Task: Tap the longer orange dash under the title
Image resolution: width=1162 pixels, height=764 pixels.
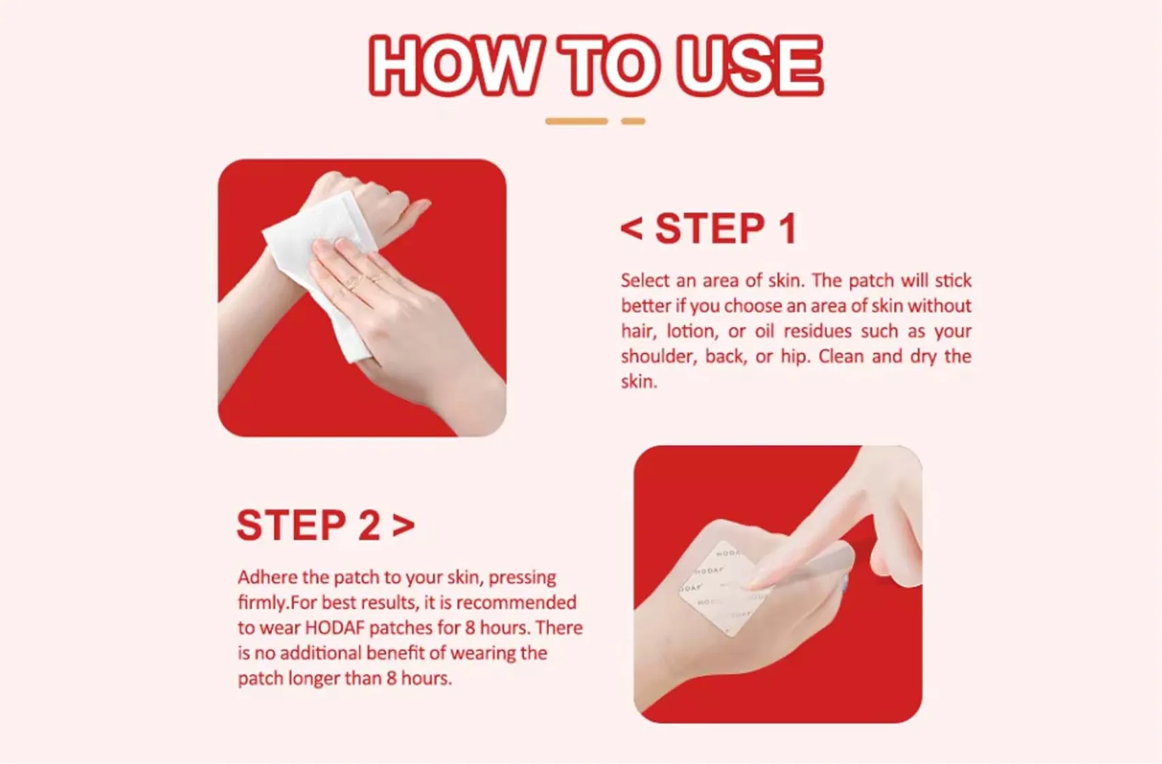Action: point(576,121)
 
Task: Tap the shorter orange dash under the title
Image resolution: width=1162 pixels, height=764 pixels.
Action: point(633,121)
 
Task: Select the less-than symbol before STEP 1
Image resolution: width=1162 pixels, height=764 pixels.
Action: point(631,229)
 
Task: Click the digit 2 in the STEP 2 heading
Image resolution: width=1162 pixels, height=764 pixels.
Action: point(369,525)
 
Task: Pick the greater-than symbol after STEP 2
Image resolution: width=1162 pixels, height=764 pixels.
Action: point(404,525)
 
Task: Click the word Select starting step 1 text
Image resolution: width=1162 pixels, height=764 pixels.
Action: point(645,280)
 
